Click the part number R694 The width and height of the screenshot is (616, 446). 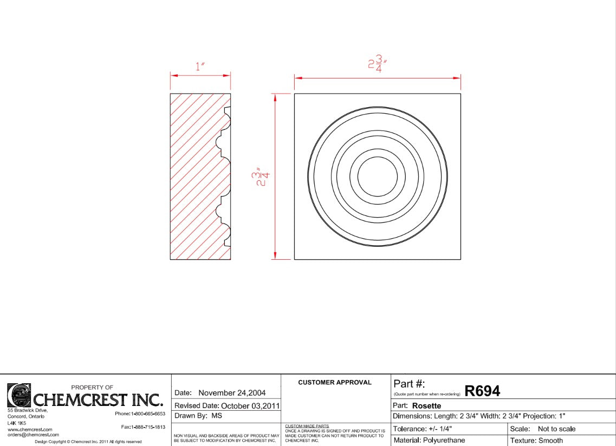tap(482, 391)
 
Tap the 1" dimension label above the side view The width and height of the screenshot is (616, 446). tap(200, 67)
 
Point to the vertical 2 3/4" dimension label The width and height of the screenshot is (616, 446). tap(261, 176)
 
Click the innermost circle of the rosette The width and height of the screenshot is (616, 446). tap(377, 158)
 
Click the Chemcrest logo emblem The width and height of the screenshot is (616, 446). tap(19, 395)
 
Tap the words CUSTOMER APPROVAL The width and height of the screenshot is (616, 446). tap(335, 382)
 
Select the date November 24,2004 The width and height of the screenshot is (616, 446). tap(232, 393)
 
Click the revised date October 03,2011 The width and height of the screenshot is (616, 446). tap(250, 406)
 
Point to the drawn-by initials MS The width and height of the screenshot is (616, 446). tap(217, 416)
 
